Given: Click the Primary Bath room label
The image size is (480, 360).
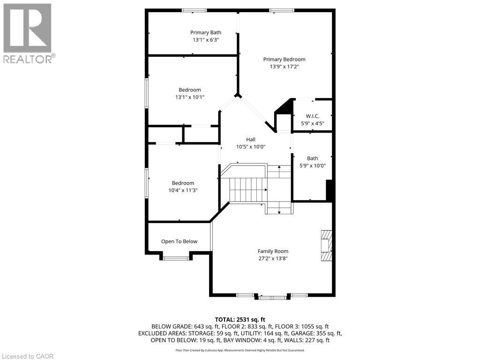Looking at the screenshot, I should click(x=206, y=32).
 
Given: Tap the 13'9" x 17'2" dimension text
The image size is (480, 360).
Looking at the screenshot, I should click(x=284, y=67).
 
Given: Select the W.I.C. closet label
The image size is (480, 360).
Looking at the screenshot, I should click(x=312, y=116).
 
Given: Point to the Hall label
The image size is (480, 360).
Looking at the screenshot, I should click(x=251, y=139).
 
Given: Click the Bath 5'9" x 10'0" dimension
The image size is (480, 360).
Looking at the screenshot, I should click(x=312, y=165).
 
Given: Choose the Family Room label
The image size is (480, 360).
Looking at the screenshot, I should click(x=273, y=251).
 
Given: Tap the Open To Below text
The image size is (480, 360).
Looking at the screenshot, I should click(x=179, y=241).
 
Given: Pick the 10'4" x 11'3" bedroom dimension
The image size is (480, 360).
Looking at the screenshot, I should click(x=183, y=190).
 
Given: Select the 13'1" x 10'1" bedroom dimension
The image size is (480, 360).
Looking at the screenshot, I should click(x=190, y=97).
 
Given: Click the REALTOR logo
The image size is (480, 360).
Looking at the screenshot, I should click(x=28, y=33).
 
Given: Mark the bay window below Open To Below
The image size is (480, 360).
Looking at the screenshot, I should click(x=176, y=257).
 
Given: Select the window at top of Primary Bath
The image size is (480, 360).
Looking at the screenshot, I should click(x=194, y=10).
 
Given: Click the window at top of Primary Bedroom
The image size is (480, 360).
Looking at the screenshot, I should click(x=282, y=10).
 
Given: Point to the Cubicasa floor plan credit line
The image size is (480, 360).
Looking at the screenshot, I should click(x=240, y=350).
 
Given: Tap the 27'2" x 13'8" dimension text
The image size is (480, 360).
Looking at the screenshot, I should click(x=273, y=258).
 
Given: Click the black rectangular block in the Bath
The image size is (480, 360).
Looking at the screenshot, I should click(x=329, y=191).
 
